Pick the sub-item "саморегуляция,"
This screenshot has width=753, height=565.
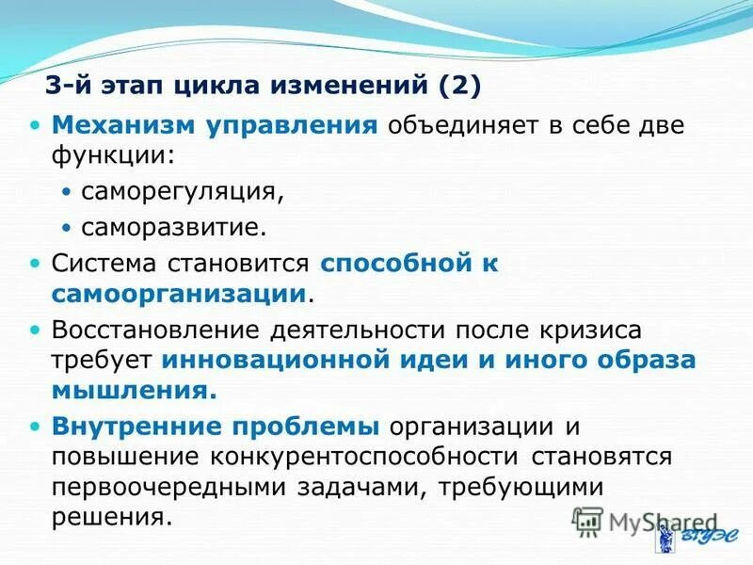tap(182, 191)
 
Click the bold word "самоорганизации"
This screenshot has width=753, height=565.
tap(180, 293)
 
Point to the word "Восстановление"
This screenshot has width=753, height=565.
tap(155, 331)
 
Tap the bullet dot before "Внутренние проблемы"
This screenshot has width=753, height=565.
tap(36, 426)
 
